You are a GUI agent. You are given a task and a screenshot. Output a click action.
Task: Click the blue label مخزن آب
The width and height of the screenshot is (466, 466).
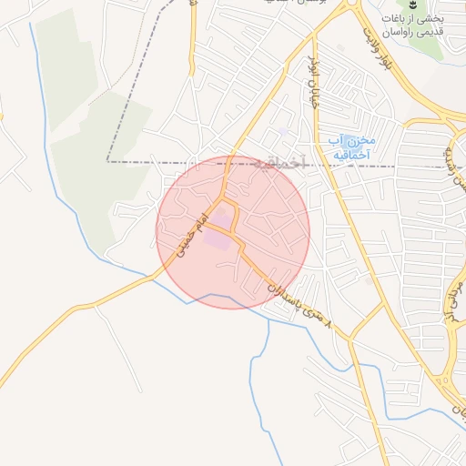coord(352,140)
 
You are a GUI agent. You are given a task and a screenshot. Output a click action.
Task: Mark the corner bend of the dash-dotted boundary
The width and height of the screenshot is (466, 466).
coord(107,161)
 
